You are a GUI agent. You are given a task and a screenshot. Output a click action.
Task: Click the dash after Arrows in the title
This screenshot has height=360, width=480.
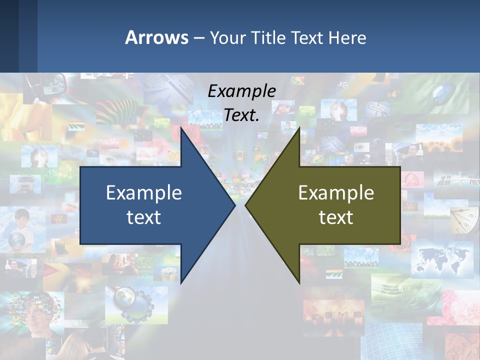[x=198, y=38]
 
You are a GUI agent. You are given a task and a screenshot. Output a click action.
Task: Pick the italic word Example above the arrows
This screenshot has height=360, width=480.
[x=241, y=91]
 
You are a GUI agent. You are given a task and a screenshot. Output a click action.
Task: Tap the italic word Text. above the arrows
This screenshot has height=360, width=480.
[x=241, y=115]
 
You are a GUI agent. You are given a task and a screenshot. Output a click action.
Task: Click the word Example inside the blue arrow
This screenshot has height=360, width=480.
[x=144, y=192]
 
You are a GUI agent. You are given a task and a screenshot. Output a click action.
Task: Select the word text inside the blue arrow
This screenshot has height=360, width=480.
[x=144, y=217]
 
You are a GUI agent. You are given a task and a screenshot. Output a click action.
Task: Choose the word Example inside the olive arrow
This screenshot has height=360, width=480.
[x=336, y=192]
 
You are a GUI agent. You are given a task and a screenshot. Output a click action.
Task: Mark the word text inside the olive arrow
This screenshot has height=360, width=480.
[x=336, y=217]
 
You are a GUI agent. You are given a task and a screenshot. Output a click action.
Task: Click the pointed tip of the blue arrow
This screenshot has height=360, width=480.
[x=233, y=205]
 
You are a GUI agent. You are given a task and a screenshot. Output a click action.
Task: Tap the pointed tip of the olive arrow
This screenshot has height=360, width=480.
[x=247, y=205]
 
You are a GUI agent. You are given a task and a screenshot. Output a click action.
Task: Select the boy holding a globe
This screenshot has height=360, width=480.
[x=19, y=230]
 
